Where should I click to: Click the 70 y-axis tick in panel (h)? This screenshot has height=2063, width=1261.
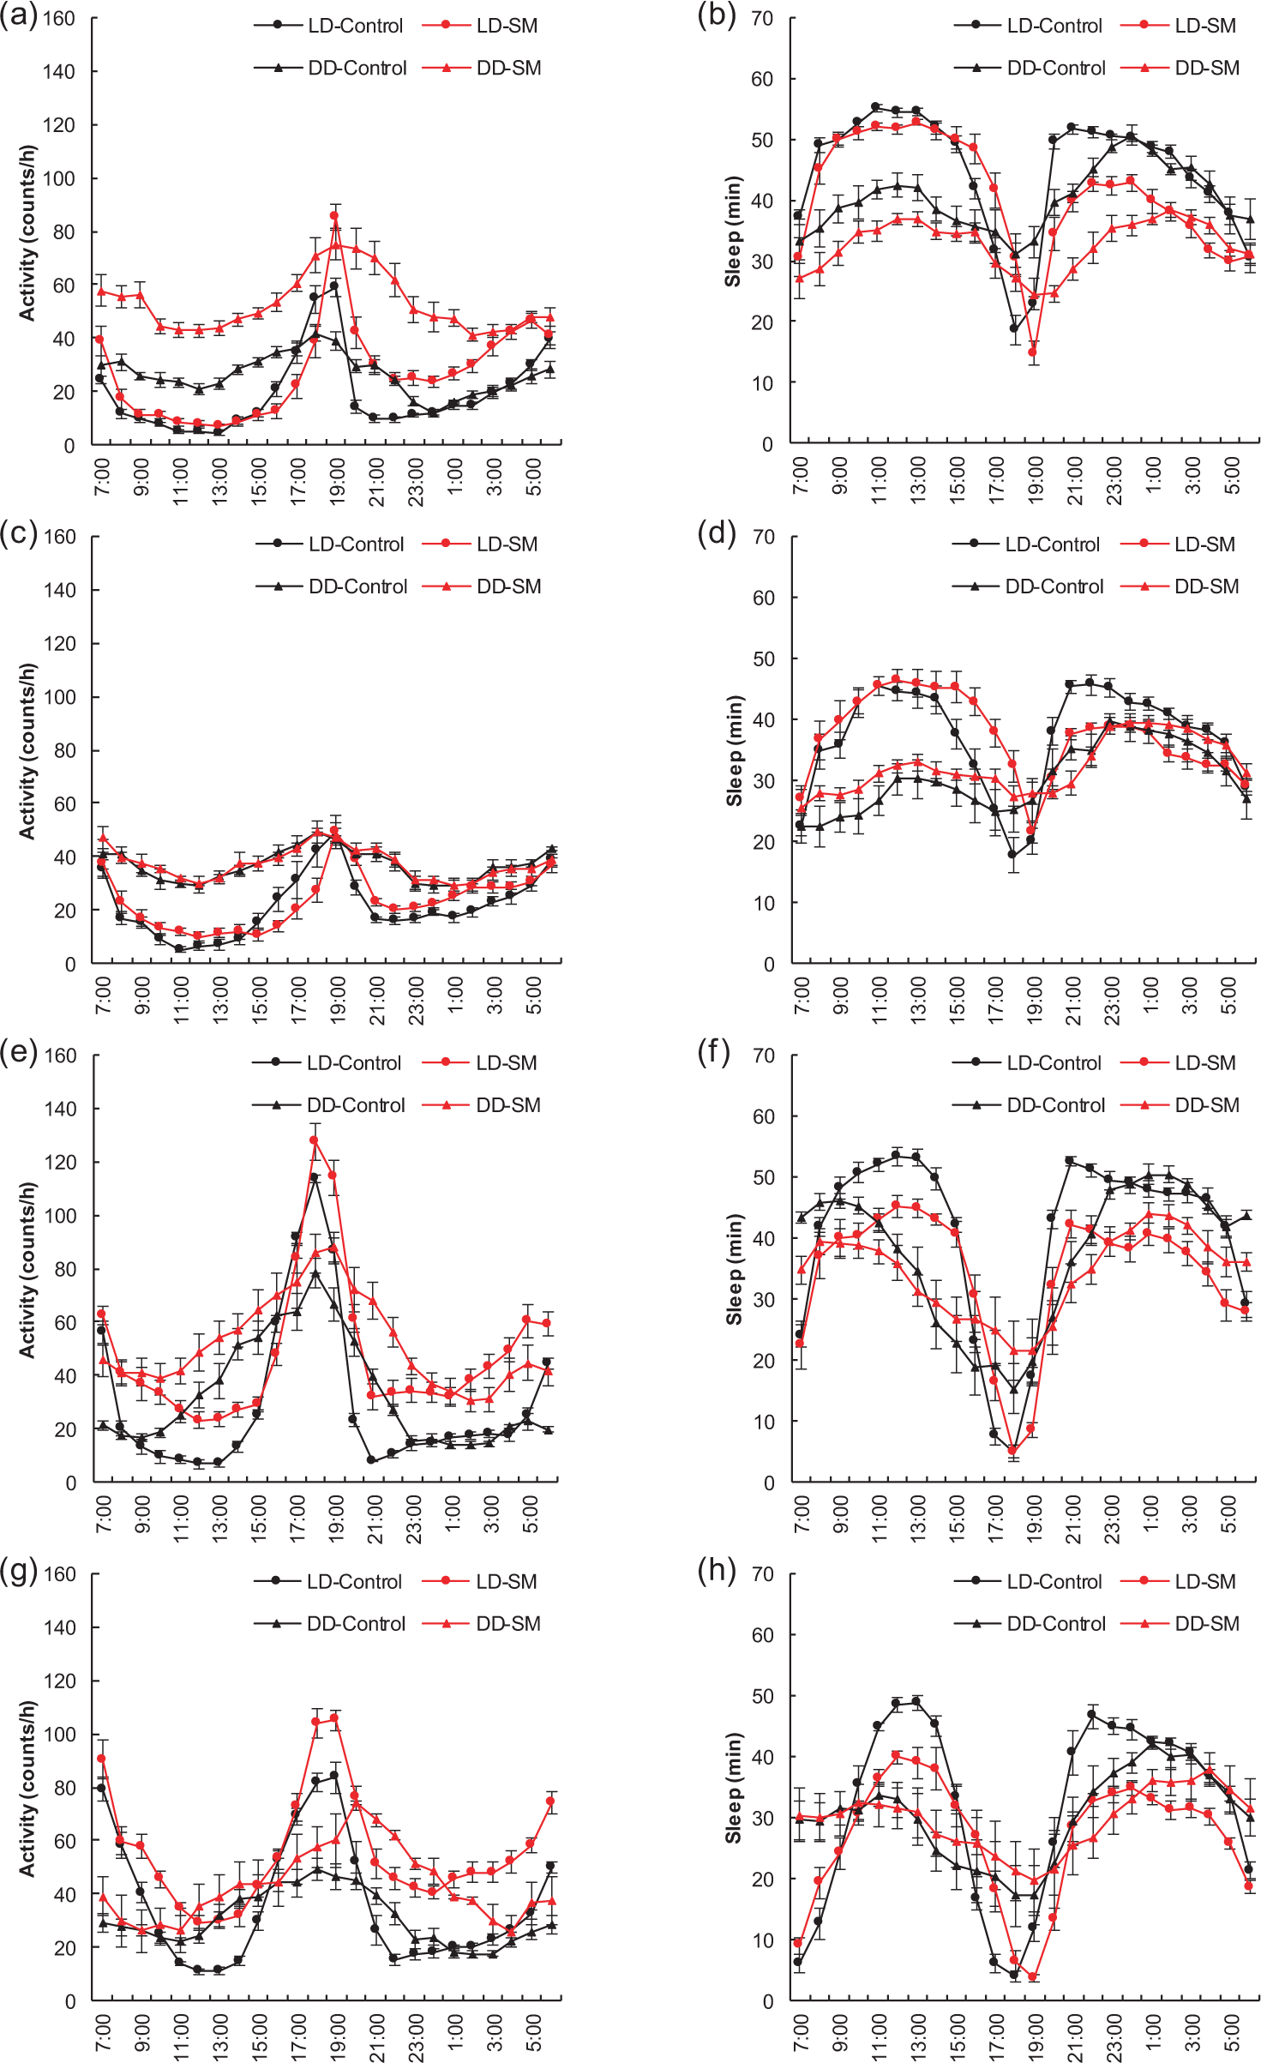click(763, 1574)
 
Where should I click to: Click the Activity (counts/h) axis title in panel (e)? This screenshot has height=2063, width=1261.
click(27, 1269)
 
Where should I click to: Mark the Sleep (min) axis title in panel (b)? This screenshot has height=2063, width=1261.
click(733, 232)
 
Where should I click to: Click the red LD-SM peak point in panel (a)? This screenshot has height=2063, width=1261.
click(334, 216)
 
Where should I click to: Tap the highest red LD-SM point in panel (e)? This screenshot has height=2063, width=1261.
click(315, 1140)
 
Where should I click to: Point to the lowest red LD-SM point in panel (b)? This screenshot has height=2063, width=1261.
click(1033, 352)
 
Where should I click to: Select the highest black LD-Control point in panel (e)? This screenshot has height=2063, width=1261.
click(315, 1177)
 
